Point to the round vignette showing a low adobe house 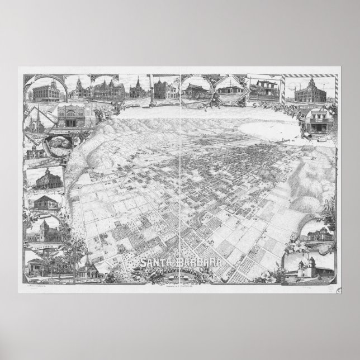click(x=196, y=89)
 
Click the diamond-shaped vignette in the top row click(x=230, y=89)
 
